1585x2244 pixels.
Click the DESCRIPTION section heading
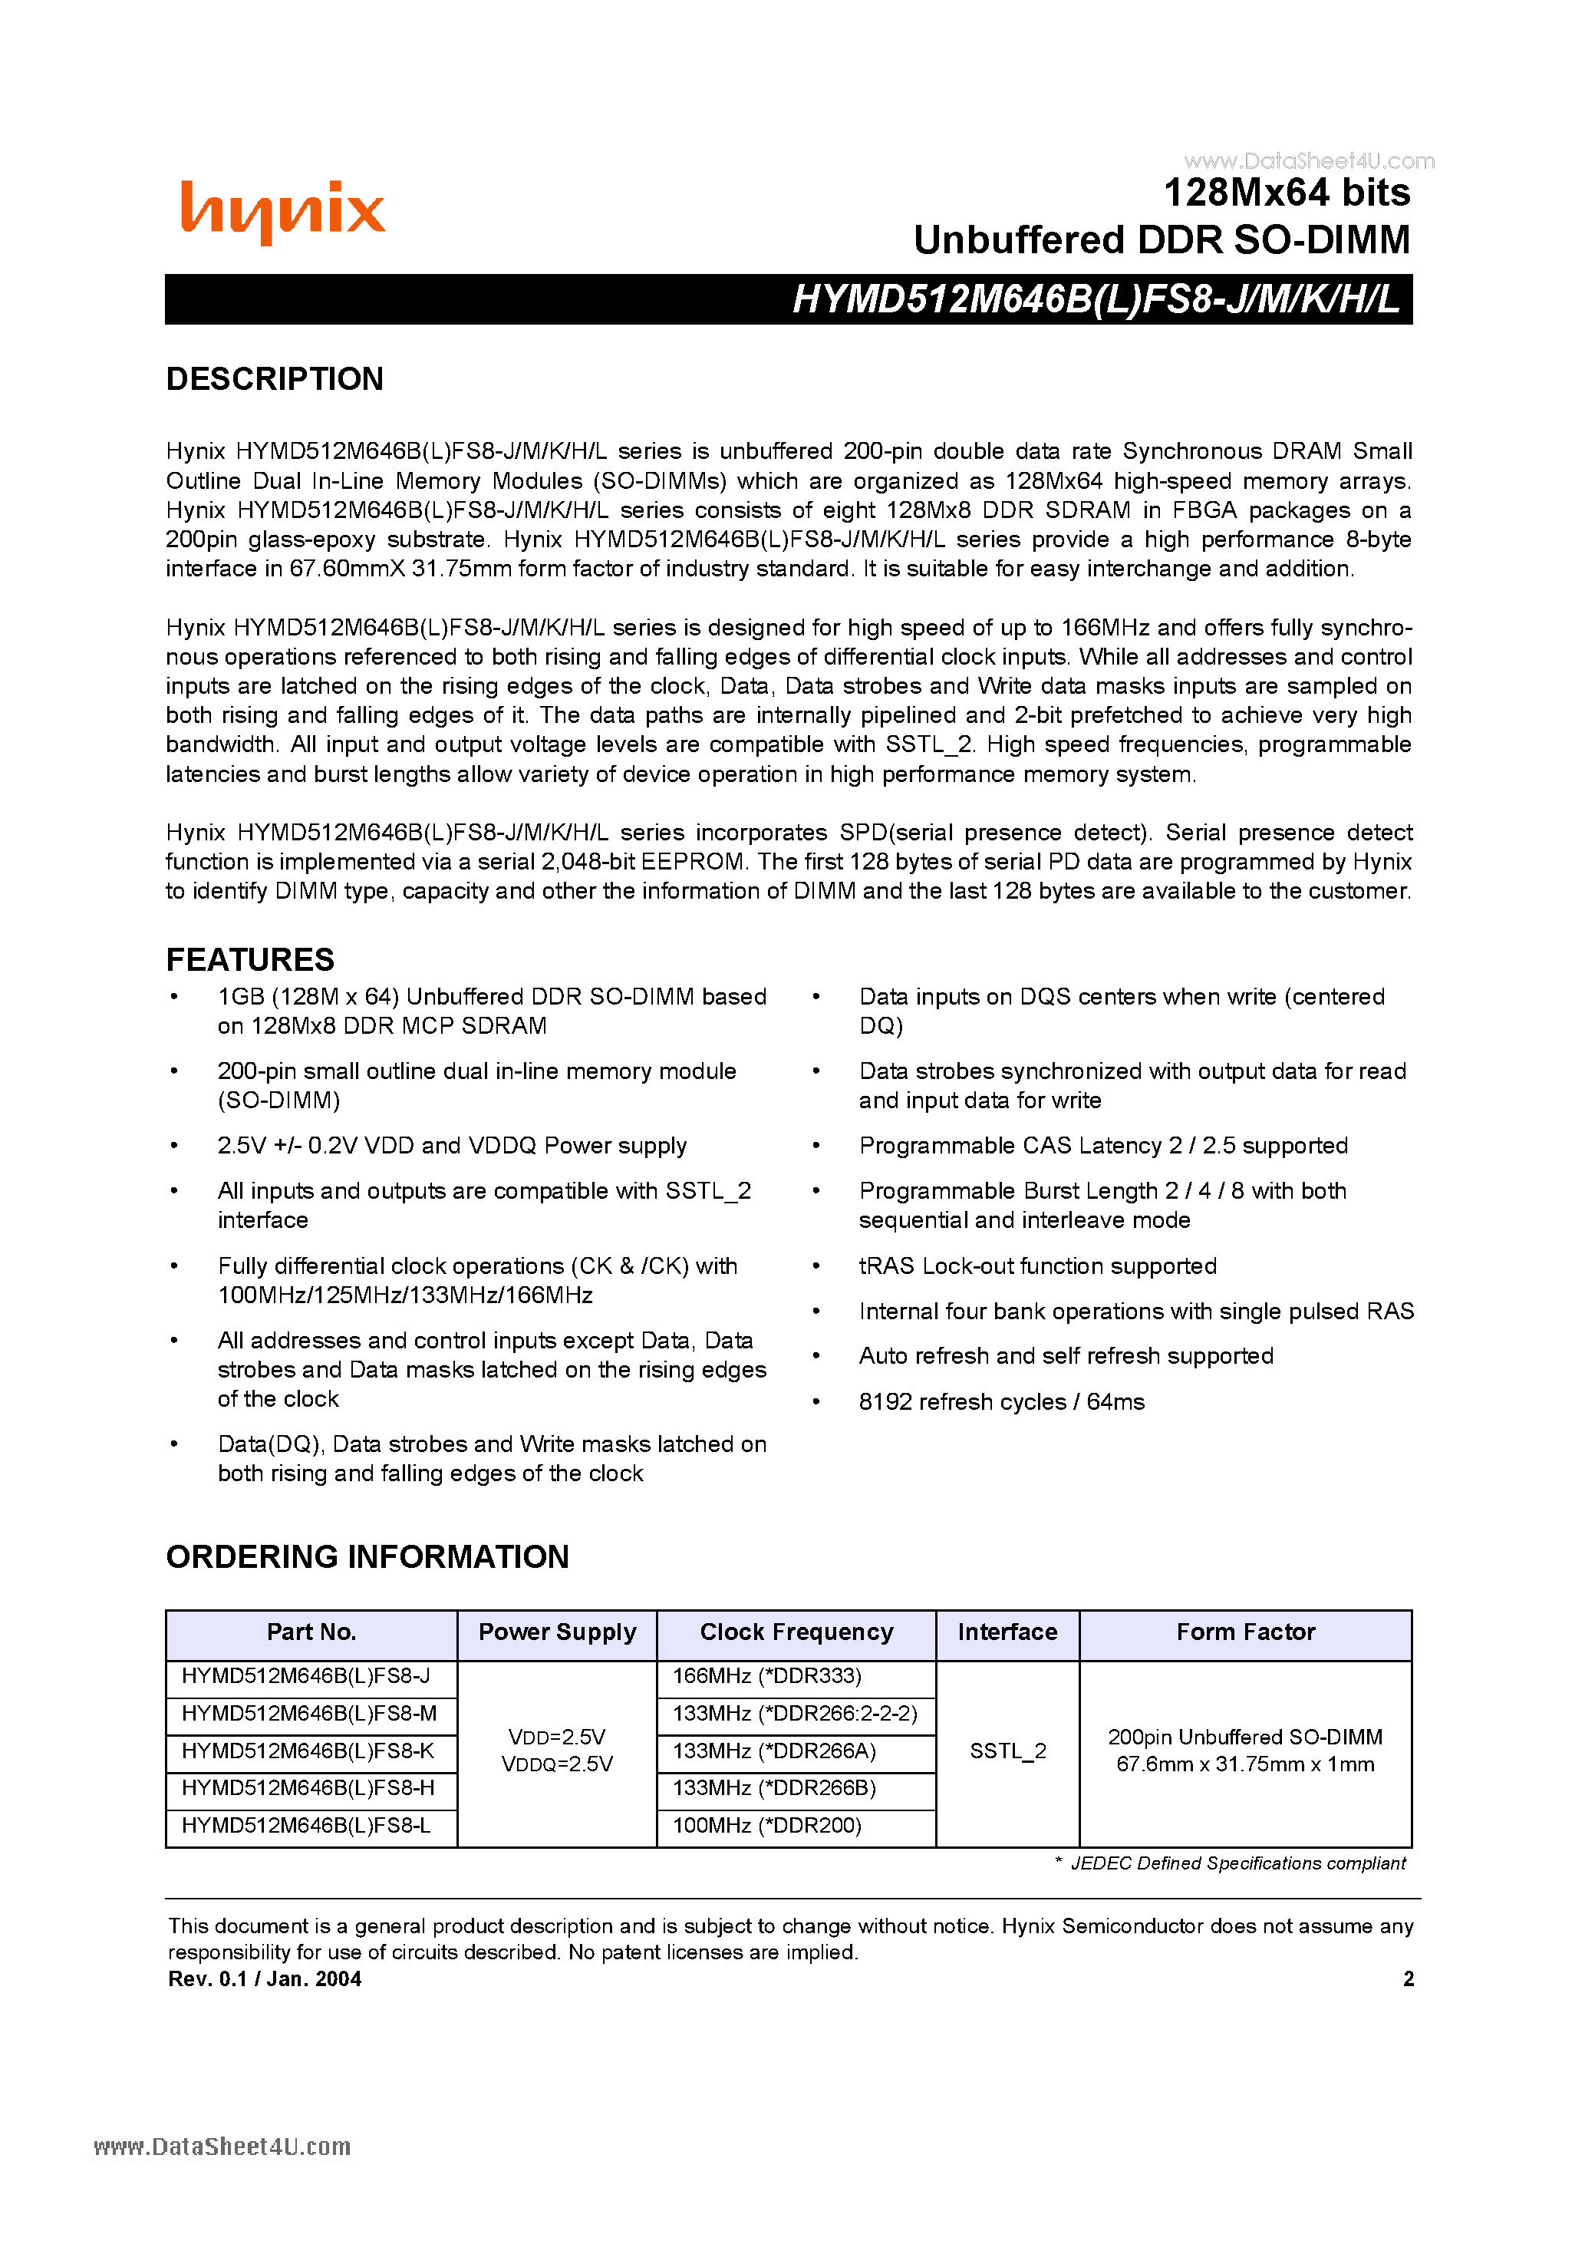tap(275, 379)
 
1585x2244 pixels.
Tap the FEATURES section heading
tap(250, 960)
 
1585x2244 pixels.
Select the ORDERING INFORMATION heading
tap(367, 1557)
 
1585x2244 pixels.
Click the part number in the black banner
tap(1096, 299)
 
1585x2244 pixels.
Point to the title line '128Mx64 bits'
tap(1287, 193)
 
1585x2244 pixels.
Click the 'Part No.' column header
tap(311, 1632)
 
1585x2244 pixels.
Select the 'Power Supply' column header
tap(557, 1632)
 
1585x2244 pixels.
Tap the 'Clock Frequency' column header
tap(796, 1632)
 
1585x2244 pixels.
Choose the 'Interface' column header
tap(1007, 1632)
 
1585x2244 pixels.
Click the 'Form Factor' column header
tap(1246, 1632)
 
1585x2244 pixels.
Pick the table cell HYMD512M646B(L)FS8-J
tap(306, 1676)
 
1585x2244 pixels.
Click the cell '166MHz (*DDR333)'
tap(767, 1676)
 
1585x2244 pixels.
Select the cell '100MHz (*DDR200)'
tap(767, 1826)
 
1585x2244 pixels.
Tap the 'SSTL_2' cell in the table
tap(1007, 1751)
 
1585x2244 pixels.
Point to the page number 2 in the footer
tap(1408, 1979)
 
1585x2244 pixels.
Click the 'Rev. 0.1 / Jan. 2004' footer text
tap(265, 1979)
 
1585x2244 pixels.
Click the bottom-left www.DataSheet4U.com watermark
tap(222, 2147)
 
